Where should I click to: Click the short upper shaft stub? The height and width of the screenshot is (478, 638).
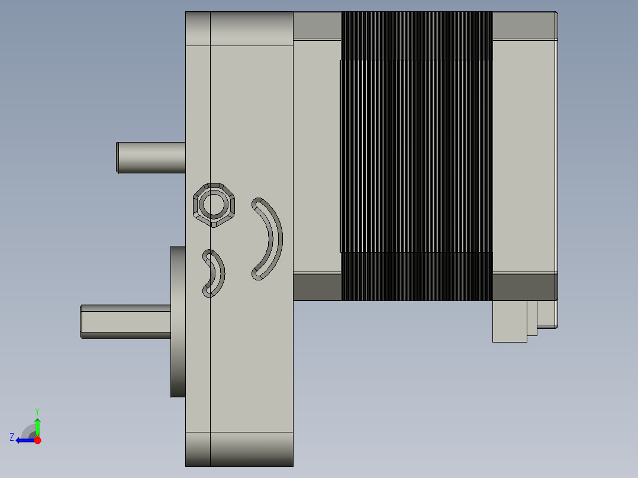[151, 158]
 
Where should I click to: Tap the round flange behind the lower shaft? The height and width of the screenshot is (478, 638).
[178, 322]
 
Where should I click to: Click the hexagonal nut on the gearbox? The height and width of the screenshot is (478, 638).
[214, 205]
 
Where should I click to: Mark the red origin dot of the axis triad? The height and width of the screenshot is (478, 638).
[37, 440]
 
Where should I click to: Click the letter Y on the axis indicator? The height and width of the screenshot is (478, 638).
[37, 411]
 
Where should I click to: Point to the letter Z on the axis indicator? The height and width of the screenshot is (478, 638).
[12, 437]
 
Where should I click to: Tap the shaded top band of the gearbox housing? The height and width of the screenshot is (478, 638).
[239, 28]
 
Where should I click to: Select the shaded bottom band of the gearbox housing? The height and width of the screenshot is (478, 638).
[239, 448]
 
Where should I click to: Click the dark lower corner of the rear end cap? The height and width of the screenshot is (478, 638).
[524, 287]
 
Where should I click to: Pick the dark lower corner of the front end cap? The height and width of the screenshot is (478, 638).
[317, 287]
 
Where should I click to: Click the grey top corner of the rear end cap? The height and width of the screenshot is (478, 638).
[523, 25]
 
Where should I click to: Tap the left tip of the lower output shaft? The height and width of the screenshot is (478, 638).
[82, 321]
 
